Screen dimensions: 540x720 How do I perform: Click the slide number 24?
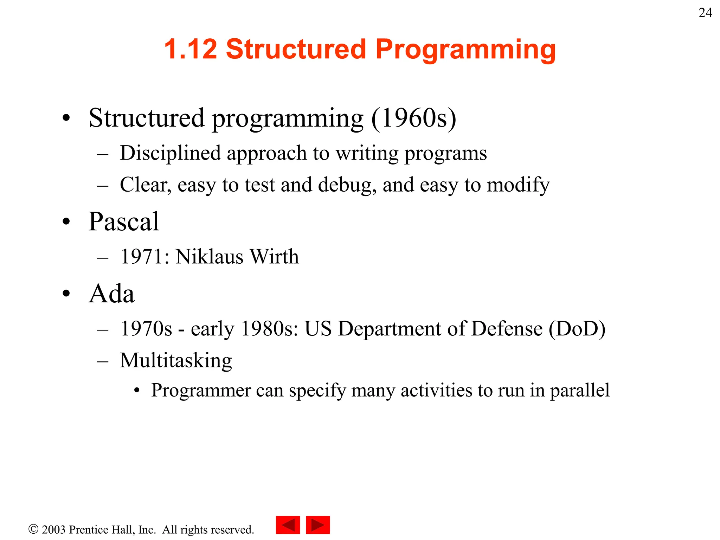pyautogui.click(x=705, y=13)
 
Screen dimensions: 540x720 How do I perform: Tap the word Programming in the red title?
pyautogui.click(x=465, y=50)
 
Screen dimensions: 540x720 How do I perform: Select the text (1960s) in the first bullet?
pyautogui.click(x=414, y=118)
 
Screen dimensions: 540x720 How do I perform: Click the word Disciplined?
pyautogui.click(x=170, y=153)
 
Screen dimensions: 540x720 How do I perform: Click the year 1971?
pyautogui.click(x=142, y=257)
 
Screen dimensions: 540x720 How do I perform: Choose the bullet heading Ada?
pyautogui.click(x=111, y=294)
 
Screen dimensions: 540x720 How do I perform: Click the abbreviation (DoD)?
pyautogui.click(x=577, y=329)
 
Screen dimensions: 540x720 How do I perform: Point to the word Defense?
pyautogui.click(x=507, y=329)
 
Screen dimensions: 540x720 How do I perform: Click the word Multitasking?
pyautogui.click(x=176, y=361)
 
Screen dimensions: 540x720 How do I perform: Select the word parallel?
pyautogui.click(x=580, y=391)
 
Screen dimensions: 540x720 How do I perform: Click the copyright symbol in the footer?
pyautogui.click(x=33, y=529)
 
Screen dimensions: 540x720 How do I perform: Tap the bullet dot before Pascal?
pyautogui.click(x=66, y=222)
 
